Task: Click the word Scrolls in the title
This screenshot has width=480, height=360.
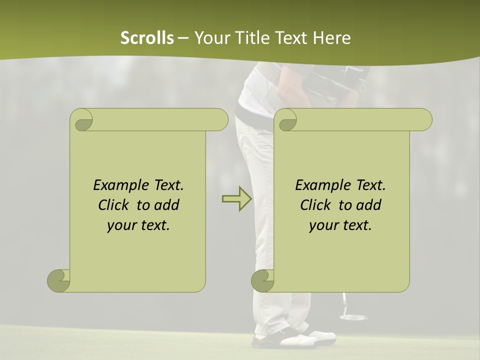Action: click(147, 38)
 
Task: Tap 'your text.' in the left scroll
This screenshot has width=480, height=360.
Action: click(138, 225)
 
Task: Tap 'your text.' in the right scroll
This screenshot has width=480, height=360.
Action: click(340, 225)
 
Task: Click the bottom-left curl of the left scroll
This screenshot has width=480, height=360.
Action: click(58, 280)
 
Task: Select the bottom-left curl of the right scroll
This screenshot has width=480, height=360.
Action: click(262, 280)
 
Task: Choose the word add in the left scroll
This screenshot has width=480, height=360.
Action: click(167, 205)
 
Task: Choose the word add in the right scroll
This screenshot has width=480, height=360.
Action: click(369, 205)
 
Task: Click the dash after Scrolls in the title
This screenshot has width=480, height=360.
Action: click(183, 38)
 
